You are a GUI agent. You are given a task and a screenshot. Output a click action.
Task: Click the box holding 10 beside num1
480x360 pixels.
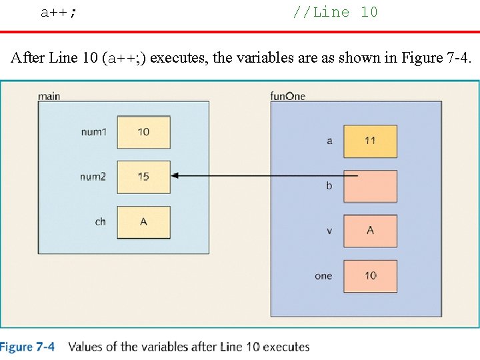pos(143,132)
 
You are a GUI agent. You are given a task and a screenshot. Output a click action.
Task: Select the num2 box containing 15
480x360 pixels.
pos(143,177)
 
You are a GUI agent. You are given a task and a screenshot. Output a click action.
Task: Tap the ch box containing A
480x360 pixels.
pos(143,222)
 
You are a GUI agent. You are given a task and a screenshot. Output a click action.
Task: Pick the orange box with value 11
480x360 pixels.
pos(370,141)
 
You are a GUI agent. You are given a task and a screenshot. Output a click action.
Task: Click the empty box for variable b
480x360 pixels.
pos(370,186)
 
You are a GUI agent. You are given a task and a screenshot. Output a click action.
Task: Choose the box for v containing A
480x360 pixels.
pos(370,231)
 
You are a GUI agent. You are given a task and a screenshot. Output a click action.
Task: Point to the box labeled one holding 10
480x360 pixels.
pos(370,275)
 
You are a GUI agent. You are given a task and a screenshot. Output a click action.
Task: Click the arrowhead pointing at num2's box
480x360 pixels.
pos(176,176)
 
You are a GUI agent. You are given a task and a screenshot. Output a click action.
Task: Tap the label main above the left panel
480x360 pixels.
pos(49,96)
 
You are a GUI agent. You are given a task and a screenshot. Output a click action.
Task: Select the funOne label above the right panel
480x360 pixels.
pos(287,96)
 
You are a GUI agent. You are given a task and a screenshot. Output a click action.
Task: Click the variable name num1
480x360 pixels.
pos(93,132)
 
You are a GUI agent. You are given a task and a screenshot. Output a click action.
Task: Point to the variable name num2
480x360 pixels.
pos(93,177)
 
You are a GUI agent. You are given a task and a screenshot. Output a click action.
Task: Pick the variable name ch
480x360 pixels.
pos(100,221)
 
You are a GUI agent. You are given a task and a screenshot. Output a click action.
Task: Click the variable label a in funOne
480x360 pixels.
pos(329,141)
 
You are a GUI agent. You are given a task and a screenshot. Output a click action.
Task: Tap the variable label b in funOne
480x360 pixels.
pos(329,186)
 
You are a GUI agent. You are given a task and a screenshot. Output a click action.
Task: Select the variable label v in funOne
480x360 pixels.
pos(329,231)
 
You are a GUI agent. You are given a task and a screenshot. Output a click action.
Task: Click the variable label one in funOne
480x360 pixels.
pos(323,275)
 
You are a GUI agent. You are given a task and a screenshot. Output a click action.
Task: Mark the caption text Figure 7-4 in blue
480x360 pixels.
pos(28,347)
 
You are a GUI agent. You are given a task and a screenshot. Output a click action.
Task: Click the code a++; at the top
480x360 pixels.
pos(59,13)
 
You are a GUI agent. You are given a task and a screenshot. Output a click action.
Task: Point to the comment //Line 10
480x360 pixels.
pos(335,12)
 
